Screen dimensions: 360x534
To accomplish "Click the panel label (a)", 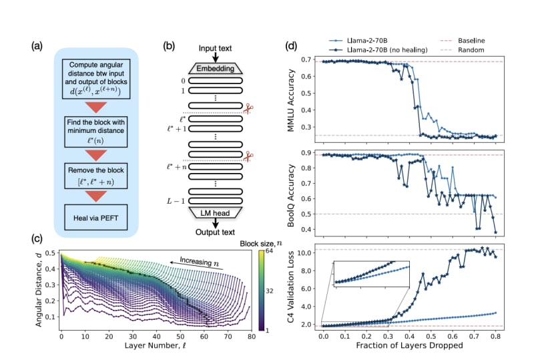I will pyautogui.click(x=37, y=47).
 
